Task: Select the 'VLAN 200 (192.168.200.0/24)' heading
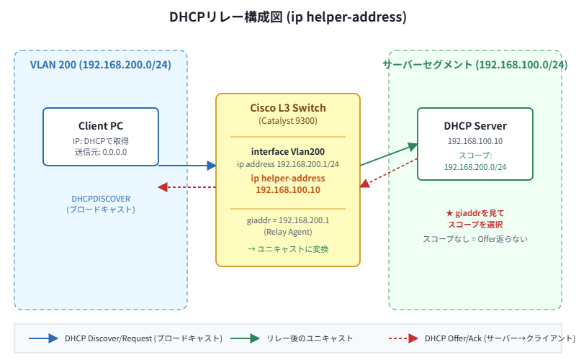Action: pos(100,65)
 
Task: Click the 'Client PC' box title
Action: pos(100,126)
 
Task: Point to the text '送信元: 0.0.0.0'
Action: pos(100,152)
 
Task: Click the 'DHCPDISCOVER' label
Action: pos(100,198)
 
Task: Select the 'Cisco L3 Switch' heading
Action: pos(287,108)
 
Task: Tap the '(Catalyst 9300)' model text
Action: pos(287,121)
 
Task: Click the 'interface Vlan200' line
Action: pos(287,151)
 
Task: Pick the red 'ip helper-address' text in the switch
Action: pos(287,178)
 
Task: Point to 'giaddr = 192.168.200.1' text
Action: pos(287,220)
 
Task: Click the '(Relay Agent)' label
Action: pos(287,232)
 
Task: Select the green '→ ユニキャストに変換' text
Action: pos(287,249)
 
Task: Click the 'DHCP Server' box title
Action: pos(474,126)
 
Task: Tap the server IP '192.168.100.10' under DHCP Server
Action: pos(474,141)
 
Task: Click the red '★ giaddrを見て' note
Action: pos(474,213)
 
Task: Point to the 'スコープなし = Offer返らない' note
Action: pos(474,238)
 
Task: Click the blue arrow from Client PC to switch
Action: pos(187,166)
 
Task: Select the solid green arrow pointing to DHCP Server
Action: pos(389,155)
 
